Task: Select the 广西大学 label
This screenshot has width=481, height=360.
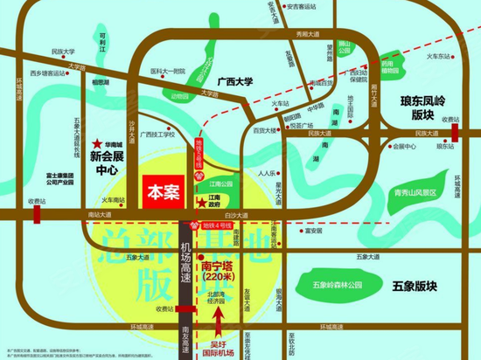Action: [231, 81]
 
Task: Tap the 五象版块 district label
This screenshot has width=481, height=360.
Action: [429, 286]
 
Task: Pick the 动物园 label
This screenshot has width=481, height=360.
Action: [179, 97]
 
